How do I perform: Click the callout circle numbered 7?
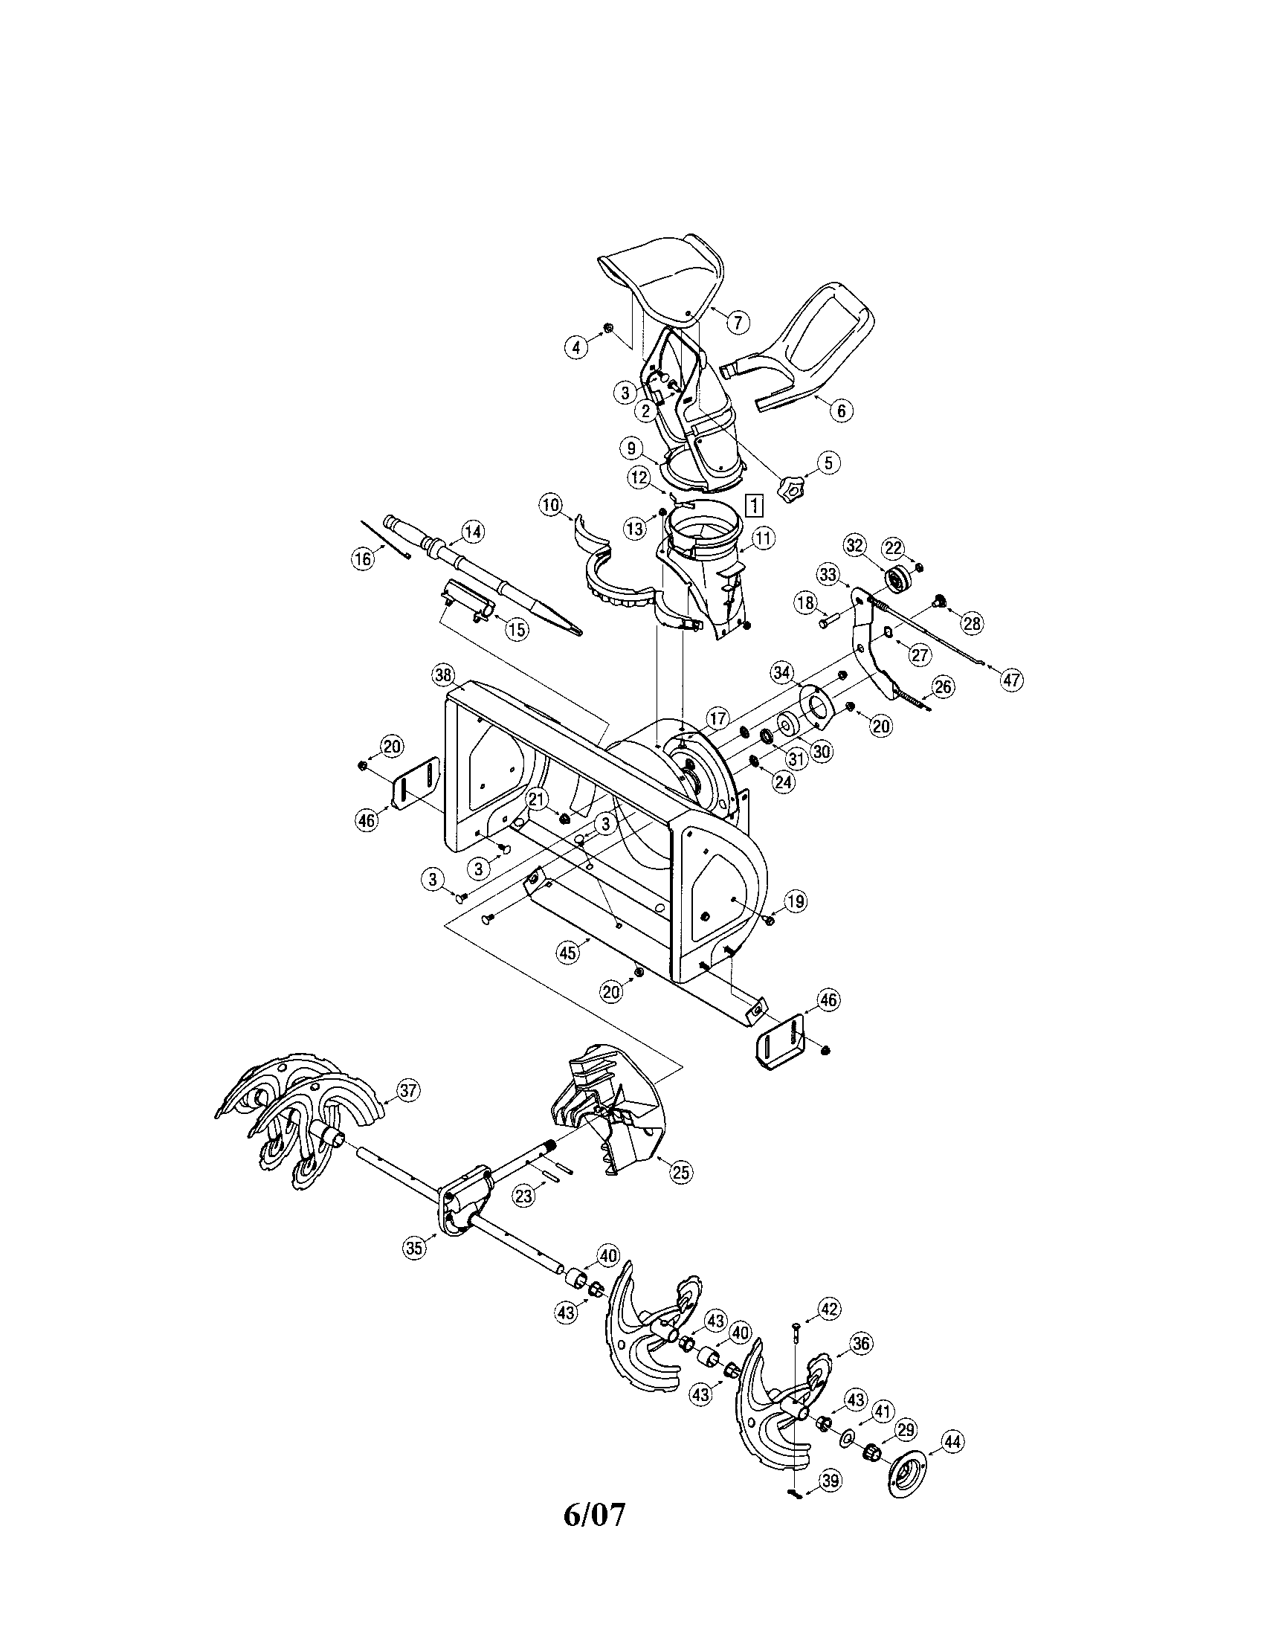(737, 323)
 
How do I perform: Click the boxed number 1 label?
(755, 506)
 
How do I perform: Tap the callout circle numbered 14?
(471, 532)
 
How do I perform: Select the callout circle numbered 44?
(952, 1441)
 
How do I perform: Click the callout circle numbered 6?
(841, 410)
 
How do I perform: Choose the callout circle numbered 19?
(796, 901)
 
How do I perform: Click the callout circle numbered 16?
(362, 558)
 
